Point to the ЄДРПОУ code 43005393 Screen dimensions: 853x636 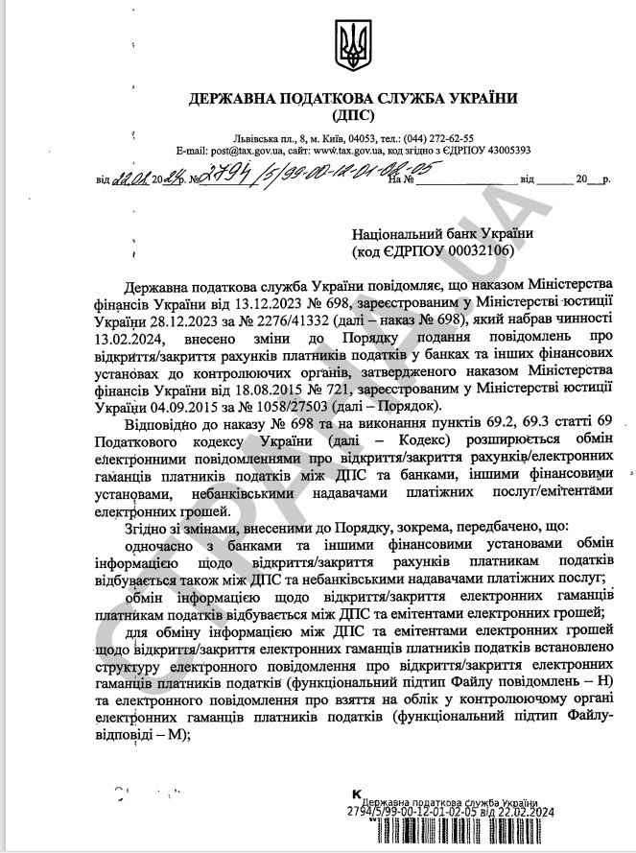pos(498,151)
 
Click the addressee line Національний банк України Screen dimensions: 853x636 pos(443,233)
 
